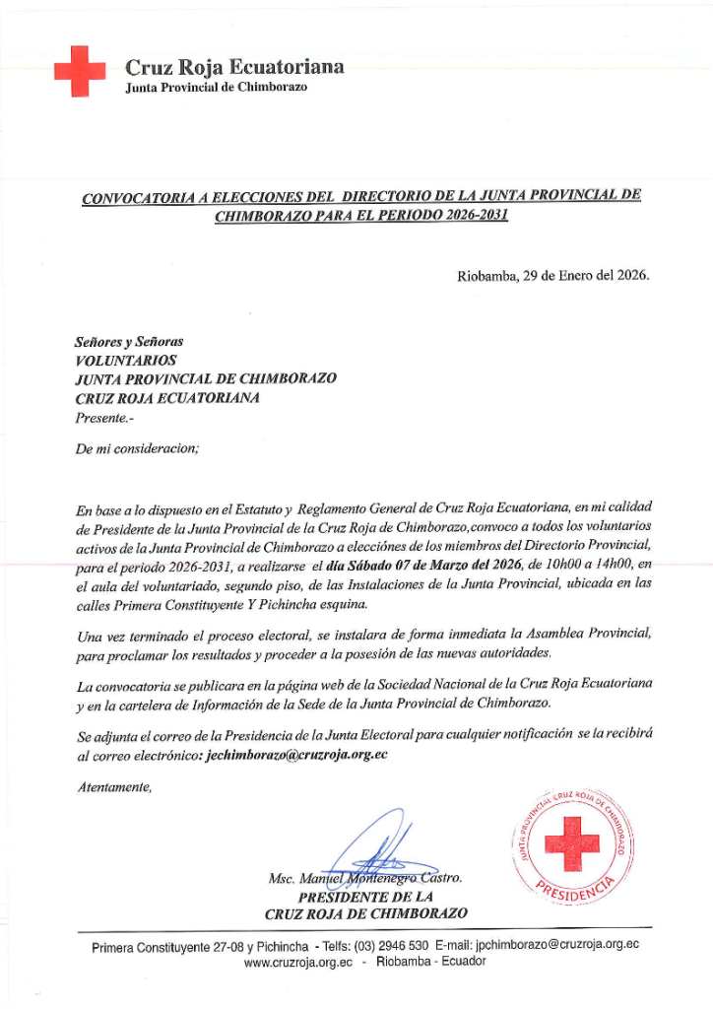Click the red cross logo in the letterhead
pos(79,71)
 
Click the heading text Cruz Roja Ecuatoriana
pos(234,67)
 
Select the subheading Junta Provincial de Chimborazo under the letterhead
pos(217,88)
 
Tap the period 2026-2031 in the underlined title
pos(468,214)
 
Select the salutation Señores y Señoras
pos(129,342)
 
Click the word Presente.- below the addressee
pos(102,417)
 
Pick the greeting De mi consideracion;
pos(137,448)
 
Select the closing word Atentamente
pos(113,785)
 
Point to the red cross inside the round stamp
pos(572,840)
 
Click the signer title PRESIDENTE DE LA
pos(365,897)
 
